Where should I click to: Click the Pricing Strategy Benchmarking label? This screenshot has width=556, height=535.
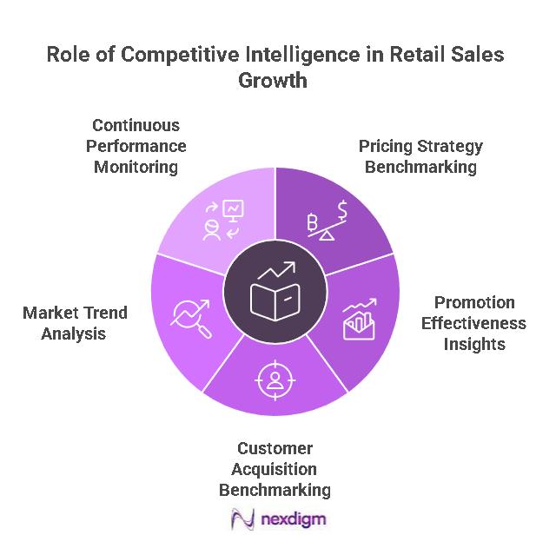(420, 156)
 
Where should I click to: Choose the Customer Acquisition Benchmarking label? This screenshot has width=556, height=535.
(275, 469)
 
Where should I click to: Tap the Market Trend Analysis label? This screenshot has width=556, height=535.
(75, 322)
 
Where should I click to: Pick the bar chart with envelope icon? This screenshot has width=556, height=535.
(358, 320)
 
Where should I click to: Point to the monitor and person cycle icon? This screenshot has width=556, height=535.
(222, 220)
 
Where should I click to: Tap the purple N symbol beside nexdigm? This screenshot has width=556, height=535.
(242, 518)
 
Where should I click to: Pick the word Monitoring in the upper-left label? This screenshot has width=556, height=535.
(136, 165)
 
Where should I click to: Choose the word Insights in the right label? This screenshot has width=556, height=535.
(473, 343)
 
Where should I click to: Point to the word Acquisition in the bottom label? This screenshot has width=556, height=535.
(275, 469)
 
